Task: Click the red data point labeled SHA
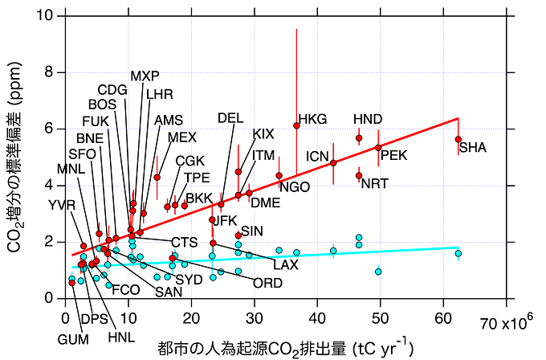click(x=458, y=139)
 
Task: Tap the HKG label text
click(x=312, y=119)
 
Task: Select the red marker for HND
click(x=359, y=138)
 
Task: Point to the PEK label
click(x=393, y=155)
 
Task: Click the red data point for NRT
click(x=359, y=175)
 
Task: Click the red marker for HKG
click(x=296, y=125)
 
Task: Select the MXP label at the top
click(x=145, y=76)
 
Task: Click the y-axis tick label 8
click(x=49, y=72)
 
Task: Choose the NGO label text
click(x=295, y=187)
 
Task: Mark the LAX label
click(x=285, y=264)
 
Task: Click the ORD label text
click(x=267, y=283)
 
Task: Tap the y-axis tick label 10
click(x=46, y=16)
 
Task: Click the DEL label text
click(x=230, y=118)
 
